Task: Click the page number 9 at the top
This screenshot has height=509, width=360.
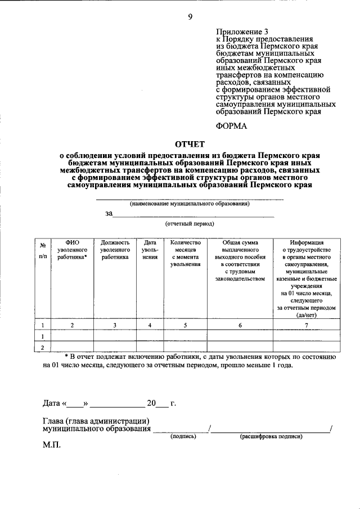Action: (x=191, y=16)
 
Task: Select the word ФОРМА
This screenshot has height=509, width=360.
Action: (x=232, y=125)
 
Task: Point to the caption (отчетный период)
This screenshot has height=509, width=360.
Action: (x=190, y=223)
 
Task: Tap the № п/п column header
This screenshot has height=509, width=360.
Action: (x=43, y=249)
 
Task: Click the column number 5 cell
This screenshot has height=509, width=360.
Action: (x=185, y=325)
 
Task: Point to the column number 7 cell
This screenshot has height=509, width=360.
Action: (x=307, y=325)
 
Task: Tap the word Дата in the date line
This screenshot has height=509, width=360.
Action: (x=52, y=403)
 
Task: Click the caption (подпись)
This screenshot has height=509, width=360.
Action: (x=183, y=436)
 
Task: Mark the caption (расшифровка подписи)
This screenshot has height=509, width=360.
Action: (x=271, y=436)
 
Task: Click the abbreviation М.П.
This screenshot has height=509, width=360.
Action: (x=52, y=444)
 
